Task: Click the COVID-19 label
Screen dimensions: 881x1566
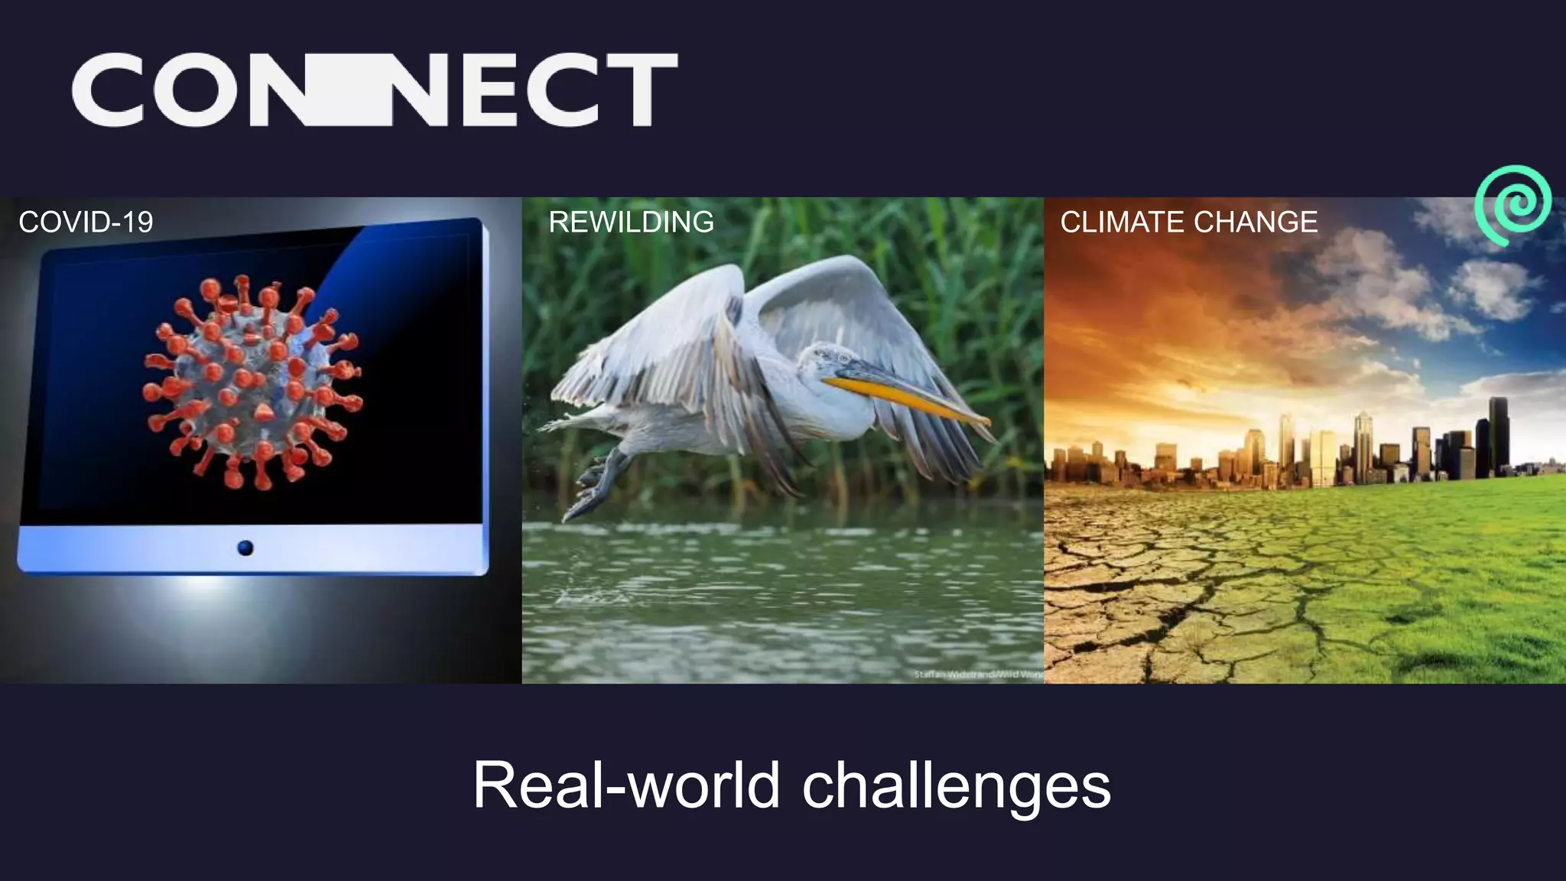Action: [86, 223]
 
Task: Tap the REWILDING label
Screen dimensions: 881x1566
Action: [631, 223]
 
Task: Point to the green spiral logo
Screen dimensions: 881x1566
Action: [1512, 204]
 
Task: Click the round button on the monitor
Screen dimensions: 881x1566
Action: [245, 548]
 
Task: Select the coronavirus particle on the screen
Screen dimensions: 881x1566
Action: [252, 382]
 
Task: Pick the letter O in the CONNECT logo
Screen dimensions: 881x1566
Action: [194, 89]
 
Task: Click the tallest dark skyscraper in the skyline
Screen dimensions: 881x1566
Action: [1498, 436]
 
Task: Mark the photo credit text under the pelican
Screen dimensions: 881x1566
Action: [979, 675]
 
